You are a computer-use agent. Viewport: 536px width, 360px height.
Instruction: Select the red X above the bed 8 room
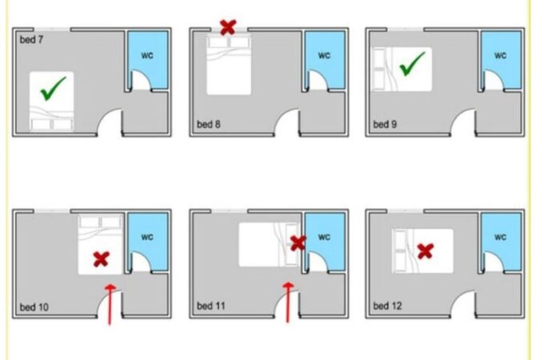[x=228, y=27]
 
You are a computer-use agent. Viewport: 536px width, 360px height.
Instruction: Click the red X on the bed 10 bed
[x=102, y=259]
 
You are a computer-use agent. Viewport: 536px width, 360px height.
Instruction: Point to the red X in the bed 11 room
[x=298, y=242]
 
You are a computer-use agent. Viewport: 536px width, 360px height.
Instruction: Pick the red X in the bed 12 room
[x=426, y=251]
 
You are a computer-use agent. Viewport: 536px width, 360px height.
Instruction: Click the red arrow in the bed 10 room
[x=110, y=303]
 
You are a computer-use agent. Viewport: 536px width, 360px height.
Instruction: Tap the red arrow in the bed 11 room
[x=288, y=302]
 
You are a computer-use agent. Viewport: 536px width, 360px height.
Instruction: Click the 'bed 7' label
[x=31, y=40]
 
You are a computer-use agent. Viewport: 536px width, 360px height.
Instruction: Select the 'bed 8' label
[x=209, y=124]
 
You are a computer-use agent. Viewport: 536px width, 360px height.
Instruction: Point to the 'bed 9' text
[x=385, y=124]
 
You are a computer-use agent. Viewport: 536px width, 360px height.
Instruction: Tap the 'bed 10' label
[x=34, y=307]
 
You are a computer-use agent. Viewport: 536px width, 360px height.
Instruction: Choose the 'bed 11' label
[x=211, y=306]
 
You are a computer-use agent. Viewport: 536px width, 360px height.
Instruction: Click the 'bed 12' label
[x=387, y=306]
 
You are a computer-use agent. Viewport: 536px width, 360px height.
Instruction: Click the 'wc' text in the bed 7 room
[x=147, y=55]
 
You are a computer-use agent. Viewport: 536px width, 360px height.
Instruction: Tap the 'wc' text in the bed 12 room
[x=500, y=237]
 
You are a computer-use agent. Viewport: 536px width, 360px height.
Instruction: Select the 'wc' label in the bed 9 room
[x=500, y=55]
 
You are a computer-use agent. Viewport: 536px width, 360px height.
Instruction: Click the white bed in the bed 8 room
[x=229, y=64]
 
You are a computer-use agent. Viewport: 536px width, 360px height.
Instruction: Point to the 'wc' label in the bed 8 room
[x=324, y=55]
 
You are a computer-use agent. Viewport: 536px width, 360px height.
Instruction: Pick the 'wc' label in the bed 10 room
[x=147, y=237]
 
